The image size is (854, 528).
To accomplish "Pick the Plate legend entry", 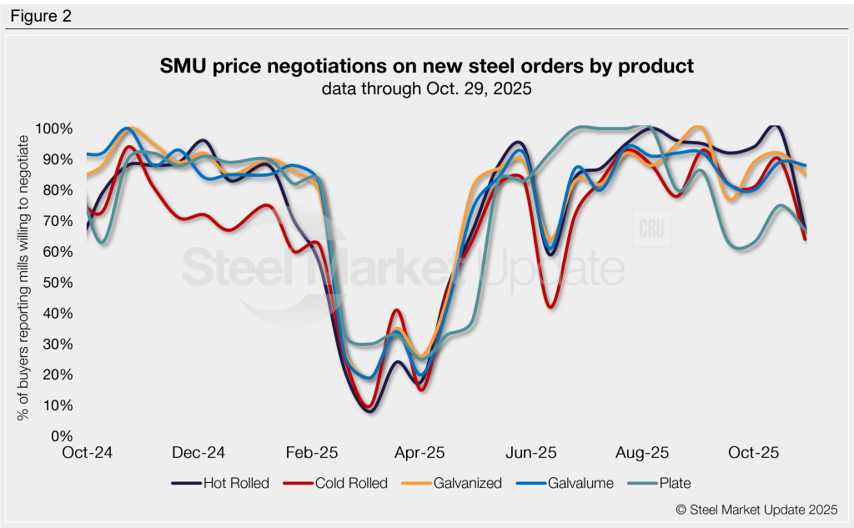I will tap(663, 483).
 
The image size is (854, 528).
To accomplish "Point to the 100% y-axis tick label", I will tap(55, 129).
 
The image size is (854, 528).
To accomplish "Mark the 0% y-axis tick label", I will tap(63, 436).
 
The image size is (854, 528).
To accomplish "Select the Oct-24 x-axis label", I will tap(88, 453).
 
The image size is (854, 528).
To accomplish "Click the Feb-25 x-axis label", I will tap(312, 453).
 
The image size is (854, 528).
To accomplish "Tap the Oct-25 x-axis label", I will tap(753, 453).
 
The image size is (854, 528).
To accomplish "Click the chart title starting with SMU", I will tap(426, 66).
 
